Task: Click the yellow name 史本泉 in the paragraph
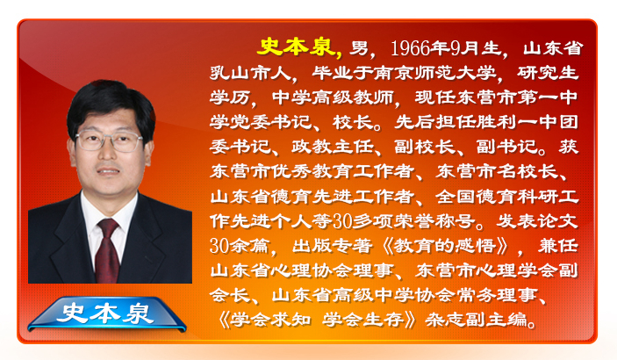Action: [x=298, y=47]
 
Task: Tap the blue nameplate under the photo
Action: [x=107, y=313]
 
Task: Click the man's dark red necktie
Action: [x=108, y=250]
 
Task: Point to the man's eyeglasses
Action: [x=109, y=141]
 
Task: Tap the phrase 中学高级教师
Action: [x=333, y=97]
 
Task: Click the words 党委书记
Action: [x=261, y=122]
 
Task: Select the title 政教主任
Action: [x=333, y=147]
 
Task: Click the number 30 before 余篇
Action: [x=219, y=246]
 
